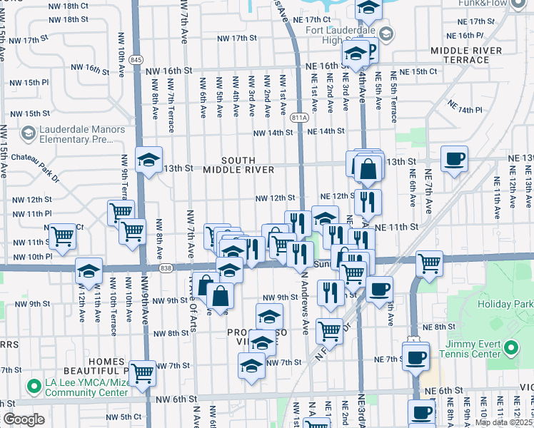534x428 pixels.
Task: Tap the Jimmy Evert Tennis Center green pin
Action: pyautogui.click(x=510, y=348)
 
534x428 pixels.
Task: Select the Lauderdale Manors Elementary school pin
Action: pyautogui.click(x=28, y=133)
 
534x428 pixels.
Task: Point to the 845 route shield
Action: pyautogui.click(x=136, y=60)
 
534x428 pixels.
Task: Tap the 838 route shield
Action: pyautogui.click(x=166, y=267)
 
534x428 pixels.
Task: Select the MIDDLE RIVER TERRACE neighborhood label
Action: pyautogui.click(x=469, y=56)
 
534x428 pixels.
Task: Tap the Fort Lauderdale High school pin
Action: pyautogui.click(x=386, y=34)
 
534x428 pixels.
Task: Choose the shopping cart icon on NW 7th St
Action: pyautogui.click(x=143, y=371)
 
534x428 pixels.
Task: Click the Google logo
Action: pyautogui.click(x=24, y=419)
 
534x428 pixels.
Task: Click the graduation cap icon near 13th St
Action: pyautogui.click(x=149, y=160)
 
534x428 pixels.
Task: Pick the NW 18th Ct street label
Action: pyautogui.click(x=70, y=6)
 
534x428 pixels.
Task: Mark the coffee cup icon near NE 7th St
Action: pyautogui.click(x=415, y=356)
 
